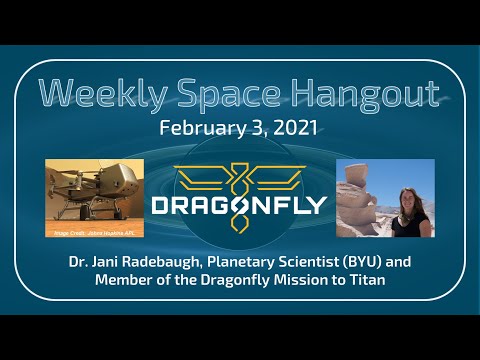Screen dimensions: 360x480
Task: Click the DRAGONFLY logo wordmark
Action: tap(239, 206)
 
